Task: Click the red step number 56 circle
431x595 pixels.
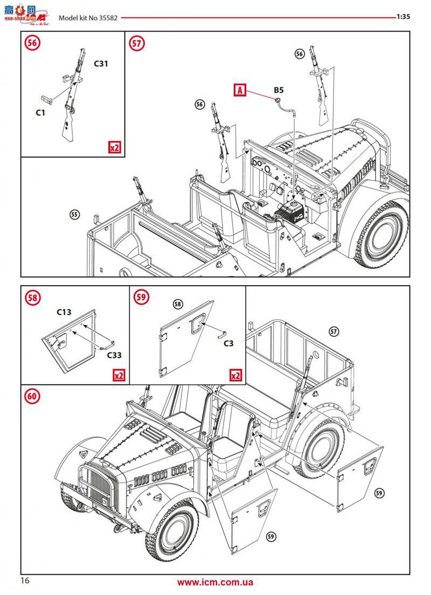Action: [32, 44]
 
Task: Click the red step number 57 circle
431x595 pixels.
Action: [137, 44]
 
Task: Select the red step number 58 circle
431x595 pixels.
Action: [32, 297]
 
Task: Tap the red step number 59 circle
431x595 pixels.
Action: [142, 297]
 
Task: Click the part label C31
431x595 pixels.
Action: [101, 64]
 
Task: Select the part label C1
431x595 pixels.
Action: [41, 112]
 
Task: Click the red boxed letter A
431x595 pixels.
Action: [240, 90]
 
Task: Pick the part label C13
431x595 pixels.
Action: [64, 312]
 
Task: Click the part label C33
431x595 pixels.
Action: [114, 355]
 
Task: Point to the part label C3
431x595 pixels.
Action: [228, 343]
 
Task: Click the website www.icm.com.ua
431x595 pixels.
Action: [215, 582]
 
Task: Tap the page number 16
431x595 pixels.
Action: [25, 580]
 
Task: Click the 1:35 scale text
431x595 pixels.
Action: [403, 17]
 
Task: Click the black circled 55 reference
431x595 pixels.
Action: [74, 215]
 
